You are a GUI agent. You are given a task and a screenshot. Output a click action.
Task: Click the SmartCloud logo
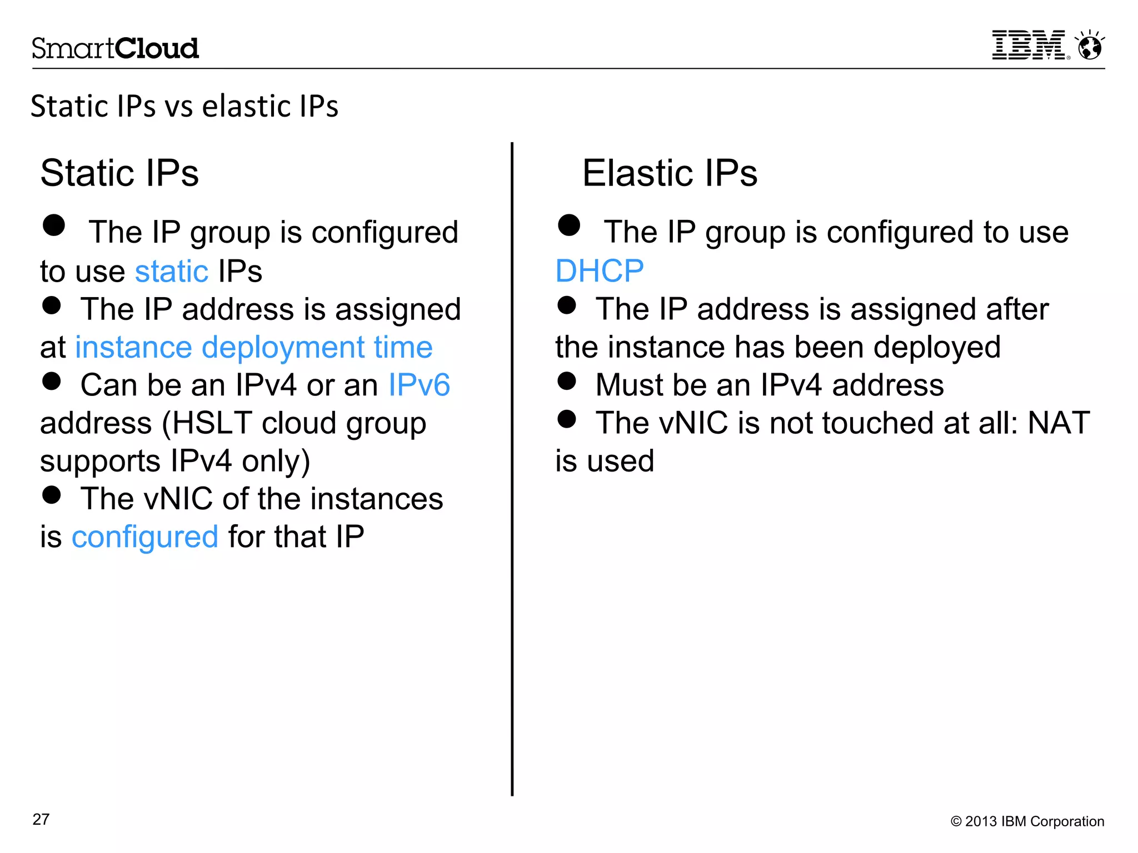pos(115,48)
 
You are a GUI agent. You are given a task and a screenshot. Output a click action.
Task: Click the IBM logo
pos(1029,45)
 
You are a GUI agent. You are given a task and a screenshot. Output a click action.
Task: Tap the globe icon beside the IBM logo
pos(1090,46)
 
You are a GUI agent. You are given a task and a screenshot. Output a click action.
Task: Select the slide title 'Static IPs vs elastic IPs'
pos(184,106)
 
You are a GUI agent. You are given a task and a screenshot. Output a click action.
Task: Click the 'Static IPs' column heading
pos(119,173)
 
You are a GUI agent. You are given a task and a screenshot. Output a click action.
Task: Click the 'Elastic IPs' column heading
pos(670,173)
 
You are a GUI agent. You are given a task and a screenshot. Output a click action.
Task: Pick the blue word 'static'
pos(171,271)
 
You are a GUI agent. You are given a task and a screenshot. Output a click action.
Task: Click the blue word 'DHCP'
pos(600,271)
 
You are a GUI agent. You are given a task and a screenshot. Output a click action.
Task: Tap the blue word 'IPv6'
pos(419,385)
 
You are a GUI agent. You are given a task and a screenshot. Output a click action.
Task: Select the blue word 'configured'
pos(145,537)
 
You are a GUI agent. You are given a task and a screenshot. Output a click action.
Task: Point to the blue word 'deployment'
pos(283,348)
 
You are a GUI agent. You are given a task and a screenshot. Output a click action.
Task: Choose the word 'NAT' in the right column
pos(1059,423)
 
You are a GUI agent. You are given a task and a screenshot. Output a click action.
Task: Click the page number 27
pos(41,819)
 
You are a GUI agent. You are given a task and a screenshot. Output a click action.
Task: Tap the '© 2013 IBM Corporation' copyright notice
pos(1027,821)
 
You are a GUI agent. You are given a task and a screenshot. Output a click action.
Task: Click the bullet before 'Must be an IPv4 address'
pos(567,381)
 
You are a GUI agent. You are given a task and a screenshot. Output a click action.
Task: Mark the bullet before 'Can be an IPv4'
pos(52,381)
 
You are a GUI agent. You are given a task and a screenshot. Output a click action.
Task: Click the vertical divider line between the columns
pos(512,469)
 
